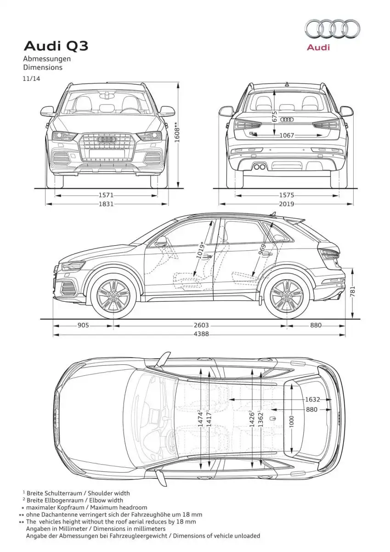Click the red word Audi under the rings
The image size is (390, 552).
click(318, 47)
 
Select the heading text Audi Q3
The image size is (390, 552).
click(56, 46)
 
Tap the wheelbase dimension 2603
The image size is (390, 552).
click(201, 325)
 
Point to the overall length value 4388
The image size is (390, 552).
click(201, 333)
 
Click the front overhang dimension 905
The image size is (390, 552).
click(83, 325)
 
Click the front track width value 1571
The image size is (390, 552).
click(106, 195)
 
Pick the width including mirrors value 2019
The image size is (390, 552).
click(287, 204)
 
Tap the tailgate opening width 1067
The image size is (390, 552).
click(287, 135)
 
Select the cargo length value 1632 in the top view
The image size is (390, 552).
click(312, 399)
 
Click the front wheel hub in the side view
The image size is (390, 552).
click(113, 295)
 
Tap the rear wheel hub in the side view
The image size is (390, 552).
click(287, 295)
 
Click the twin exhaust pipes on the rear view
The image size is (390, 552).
click(260, 167)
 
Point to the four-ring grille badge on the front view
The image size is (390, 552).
click(107, 139)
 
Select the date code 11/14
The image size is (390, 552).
click(31, 79)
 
